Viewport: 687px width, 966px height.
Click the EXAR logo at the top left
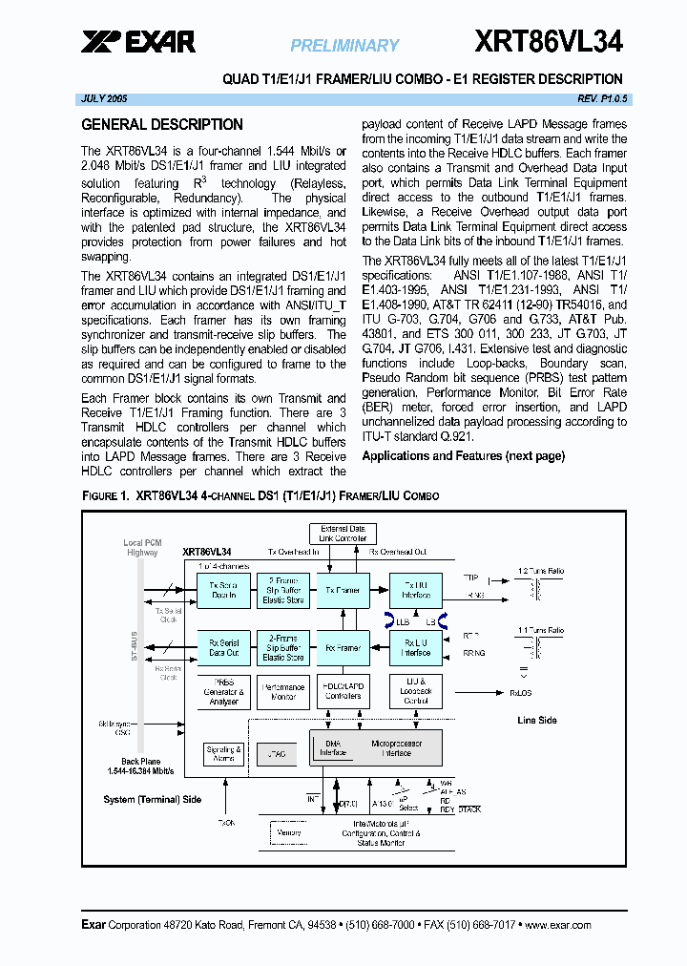[x=138, y=41]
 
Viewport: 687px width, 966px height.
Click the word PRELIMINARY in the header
[x=344, y=45]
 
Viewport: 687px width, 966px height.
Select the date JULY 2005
[x=104, y=99]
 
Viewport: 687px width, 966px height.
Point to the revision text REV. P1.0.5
[x=602, y=99]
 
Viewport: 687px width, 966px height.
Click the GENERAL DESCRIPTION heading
[x=162, y=124]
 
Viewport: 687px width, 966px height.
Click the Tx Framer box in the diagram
[x=343, y=590]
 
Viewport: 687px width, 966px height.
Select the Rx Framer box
[x=343, y=647]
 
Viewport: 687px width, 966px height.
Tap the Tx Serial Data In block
[x=223, y=590]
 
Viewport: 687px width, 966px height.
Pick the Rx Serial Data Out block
[x=223, y=647]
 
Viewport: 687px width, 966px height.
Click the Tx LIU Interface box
[x=416, y=590]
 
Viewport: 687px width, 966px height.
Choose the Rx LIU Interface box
[x=416, y=647]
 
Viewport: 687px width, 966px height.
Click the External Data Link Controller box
[x=343, y=533]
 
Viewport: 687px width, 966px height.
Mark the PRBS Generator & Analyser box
[x=223, y=692]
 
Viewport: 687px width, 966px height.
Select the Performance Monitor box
[x=283, y=692]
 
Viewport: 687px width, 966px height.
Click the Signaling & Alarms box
[x=224, y=754]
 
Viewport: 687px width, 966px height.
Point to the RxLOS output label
[x=522, y=694]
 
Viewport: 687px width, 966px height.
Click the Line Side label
[x=536, y=720]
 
